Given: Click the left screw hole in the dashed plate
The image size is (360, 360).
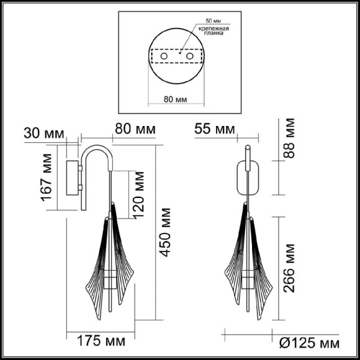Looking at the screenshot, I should [x=164, y=56].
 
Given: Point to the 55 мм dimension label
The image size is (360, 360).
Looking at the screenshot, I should [x=214, y=130].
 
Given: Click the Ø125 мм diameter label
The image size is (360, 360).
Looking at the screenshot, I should [x=309, y=342].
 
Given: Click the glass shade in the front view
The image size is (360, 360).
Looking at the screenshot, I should [x=248, y=254].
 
